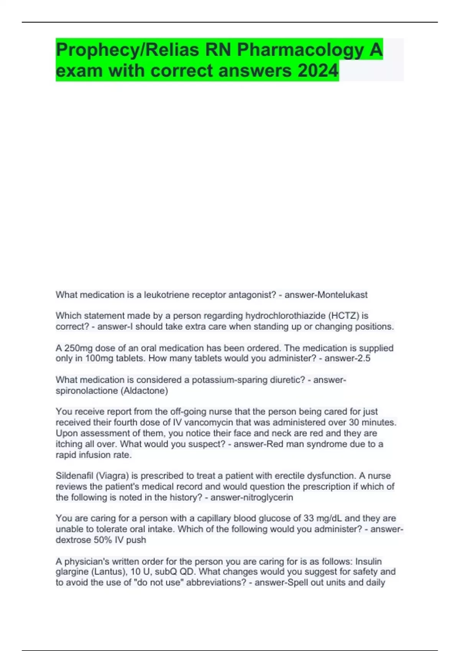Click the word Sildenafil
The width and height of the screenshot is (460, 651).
point(74,476)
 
